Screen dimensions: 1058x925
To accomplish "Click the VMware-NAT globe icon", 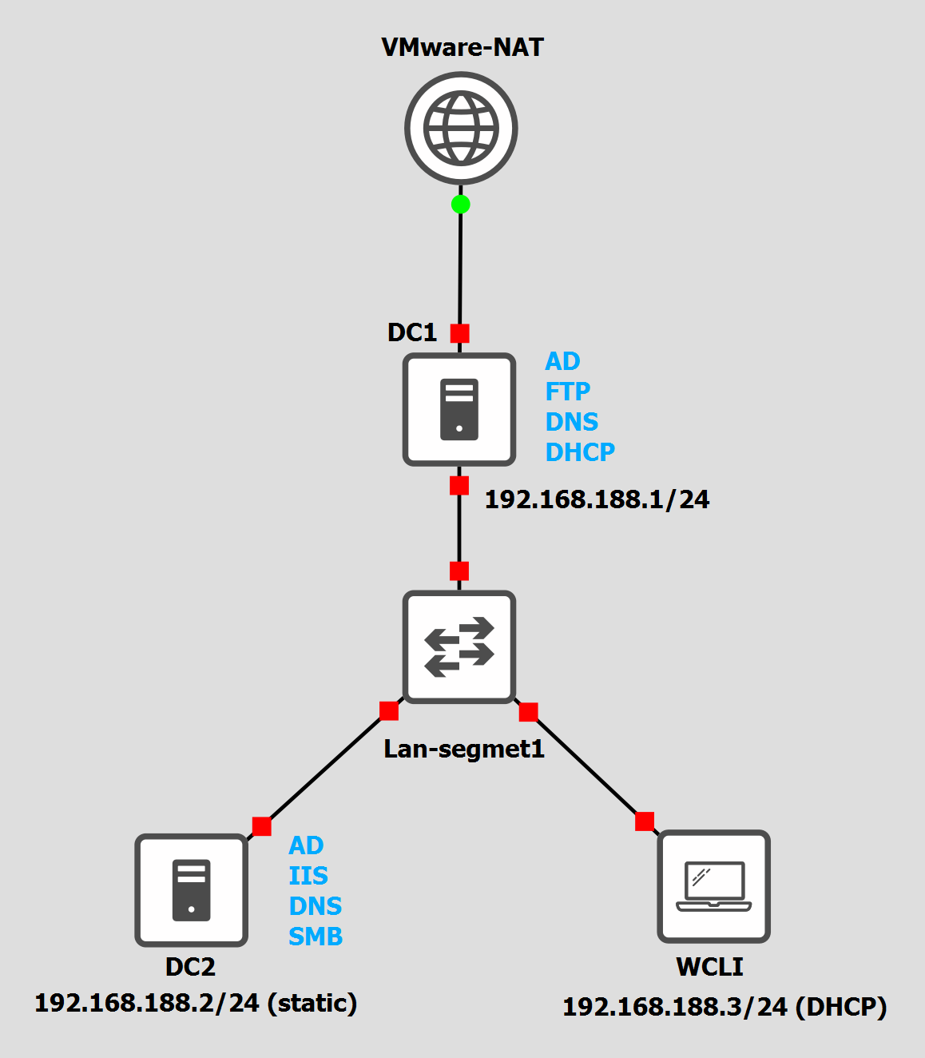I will tap(461, 129).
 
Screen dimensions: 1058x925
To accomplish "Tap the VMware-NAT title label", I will tap(462, 47).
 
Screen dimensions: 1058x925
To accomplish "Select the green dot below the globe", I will tap(460, 205).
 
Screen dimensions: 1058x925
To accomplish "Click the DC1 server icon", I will tap(459, 409).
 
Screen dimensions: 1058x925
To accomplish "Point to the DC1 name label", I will tap(412, 332).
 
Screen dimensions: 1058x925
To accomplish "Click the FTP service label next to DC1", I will tap(567, 392).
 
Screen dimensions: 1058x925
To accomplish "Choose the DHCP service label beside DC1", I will tap(580, 452).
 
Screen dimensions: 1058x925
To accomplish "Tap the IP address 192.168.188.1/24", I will tap(597, 499).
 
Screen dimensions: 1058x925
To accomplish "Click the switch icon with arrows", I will tap(459, 646).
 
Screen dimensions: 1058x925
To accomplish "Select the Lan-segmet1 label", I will tap(464, 749).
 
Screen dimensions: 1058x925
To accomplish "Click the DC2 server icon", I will tap(191, 890).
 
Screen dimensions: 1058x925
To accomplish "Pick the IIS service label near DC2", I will tap(308, 876).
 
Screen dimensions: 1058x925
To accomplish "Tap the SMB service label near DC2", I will tap(316, 937).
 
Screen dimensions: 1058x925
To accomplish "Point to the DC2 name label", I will tap(190, 967).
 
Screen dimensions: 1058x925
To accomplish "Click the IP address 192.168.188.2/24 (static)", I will tap(196, 1003).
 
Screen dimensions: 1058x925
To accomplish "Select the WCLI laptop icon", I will tap(713, 886).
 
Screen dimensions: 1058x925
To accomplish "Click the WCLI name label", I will tap(709, 967).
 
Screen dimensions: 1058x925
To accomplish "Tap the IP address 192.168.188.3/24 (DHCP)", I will tap(725, 1007).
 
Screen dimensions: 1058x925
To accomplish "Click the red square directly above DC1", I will tap(460, 333).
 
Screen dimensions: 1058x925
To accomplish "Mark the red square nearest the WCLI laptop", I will tap(645, 821).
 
